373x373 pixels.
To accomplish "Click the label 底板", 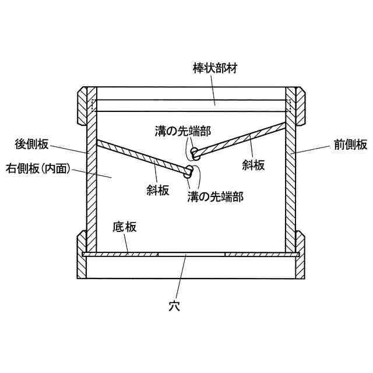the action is coord(124,227).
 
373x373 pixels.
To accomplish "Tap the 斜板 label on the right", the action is coord(254,164).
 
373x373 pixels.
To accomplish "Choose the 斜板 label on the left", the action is coord(158,190).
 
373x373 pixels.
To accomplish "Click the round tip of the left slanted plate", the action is coord(189,171).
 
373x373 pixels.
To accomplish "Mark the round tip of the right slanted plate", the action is coord(196,154).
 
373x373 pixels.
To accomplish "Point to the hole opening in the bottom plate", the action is coord(192,254).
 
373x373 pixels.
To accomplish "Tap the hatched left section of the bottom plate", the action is coord(121,254).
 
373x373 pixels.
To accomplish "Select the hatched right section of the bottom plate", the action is coord(261,254).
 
